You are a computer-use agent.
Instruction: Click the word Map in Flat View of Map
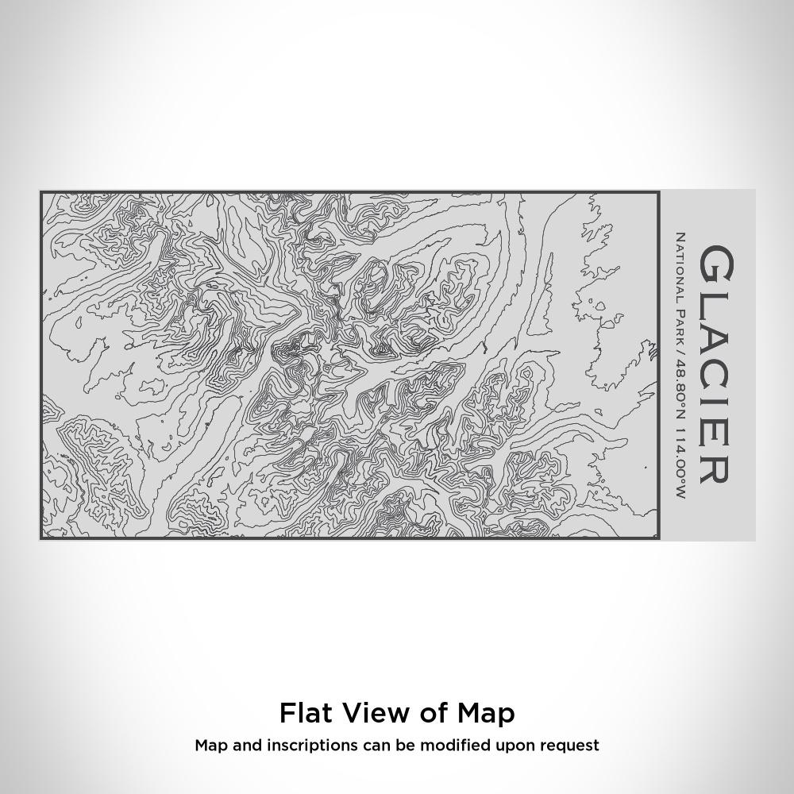coord(486,713)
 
